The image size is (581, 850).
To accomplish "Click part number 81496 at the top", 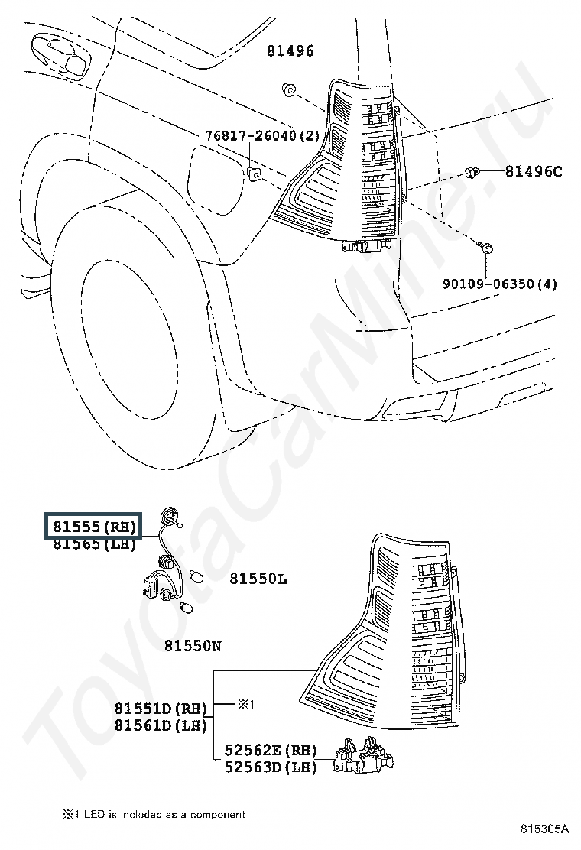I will [x=290, y=51].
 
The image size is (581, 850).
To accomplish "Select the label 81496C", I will [x=533, y=171].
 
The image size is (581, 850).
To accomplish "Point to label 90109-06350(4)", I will [x=500, y=284].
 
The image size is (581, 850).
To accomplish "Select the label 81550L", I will [x=258, y=579].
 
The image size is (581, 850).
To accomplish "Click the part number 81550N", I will [x=192, y=646].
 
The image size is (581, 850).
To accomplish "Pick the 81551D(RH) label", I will [x=161, y=709].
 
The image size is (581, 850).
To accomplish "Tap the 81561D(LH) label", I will [x=161, y=725].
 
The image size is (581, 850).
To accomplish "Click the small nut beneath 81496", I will [x=290, y=89].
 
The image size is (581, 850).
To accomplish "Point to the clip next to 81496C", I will [x=473, y=171].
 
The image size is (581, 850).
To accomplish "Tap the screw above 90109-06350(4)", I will [x=486, y=248].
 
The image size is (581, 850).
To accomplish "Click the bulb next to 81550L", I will [x=194, y=578].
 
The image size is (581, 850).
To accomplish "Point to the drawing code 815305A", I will [x=545, y=829].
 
